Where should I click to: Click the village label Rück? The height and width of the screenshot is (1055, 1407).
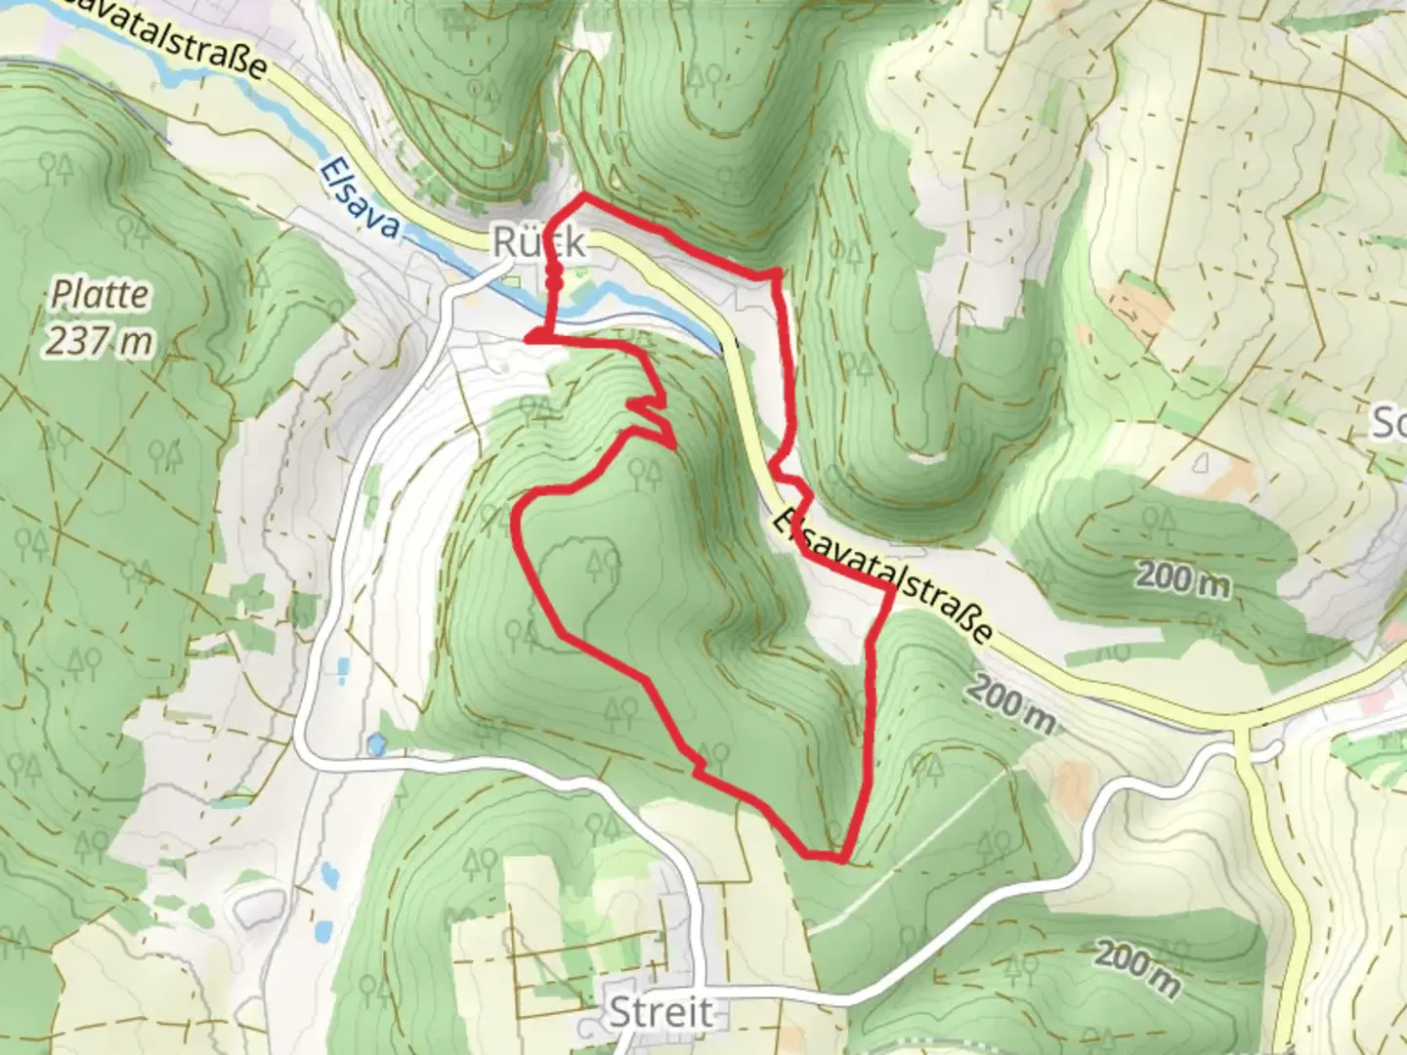[540, 242]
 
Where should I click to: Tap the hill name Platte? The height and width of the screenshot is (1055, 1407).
[101, 294]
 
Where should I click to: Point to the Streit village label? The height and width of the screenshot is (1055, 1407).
[661, 1012]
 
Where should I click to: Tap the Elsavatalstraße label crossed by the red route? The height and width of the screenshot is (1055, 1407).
[883, 577]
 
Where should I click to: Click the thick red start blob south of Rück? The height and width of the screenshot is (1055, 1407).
[536, 337]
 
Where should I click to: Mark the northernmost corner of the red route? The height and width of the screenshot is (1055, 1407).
[584, 196]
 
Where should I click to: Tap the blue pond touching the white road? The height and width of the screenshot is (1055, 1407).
[375, 745]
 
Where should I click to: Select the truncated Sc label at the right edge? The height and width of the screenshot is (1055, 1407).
[1389, 425]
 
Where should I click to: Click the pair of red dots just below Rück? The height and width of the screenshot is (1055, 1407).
[553, 277]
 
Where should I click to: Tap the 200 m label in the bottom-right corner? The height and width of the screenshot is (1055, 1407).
[1136, 966]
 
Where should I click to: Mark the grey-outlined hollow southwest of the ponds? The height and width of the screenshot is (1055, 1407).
[255, 908]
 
